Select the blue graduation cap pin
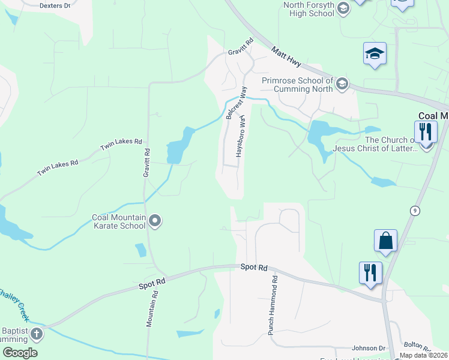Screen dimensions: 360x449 click(x=375, y=54)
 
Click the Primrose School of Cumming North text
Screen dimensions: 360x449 click(x=297, y=85)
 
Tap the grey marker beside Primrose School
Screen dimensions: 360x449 click(x=342, y=83)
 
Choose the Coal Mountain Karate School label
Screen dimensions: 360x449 click(x=118, y=221)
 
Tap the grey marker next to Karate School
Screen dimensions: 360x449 click(x=155, y=221)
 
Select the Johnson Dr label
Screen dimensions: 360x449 click(x=369, y=348)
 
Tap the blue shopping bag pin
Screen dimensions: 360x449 click(x=385, y=241)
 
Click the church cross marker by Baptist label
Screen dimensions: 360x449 click(x=36, y=333)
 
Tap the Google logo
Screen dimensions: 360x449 click(x=20, y=353)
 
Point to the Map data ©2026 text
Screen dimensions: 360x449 click(x=423, y=355)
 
